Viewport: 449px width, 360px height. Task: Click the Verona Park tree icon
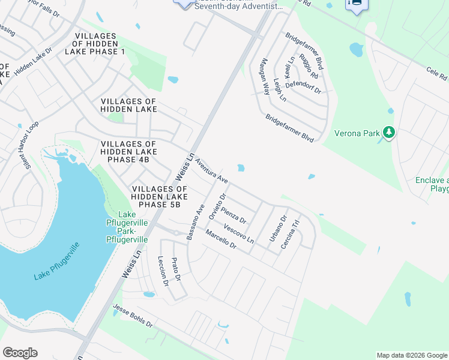389,132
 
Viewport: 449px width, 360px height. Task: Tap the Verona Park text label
357,133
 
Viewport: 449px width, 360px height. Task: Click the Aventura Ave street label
212,171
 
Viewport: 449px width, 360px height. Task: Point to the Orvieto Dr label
216,206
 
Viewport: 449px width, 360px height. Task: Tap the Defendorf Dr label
303,87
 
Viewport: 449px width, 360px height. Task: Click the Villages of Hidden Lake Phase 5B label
155,197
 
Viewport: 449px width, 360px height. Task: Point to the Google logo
20,353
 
